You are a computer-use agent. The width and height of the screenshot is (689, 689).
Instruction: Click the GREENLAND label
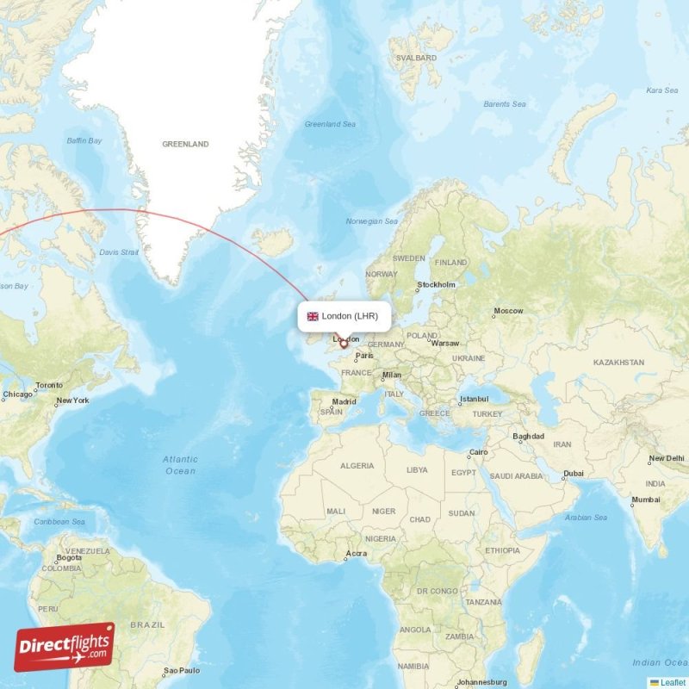click(x=185, y=145)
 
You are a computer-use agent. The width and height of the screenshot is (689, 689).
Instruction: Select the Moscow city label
click(x=508, y=311)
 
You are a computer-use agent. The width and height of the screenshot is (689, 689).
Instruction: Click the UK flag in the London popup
click(x=313, y=316)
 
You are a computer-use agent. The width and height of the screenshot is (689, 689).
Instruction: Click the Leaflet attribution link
click(x=673, y=682)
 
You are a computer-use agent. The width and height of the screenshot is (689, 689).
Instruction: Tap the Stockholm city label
click(x=436, y=285)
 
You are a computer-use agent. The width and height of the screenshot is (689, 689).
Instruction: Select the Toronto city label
click(x=49, y=385)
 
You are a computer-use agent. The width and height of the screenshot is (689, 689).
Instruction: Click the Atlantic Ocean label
click(x=180, y=465)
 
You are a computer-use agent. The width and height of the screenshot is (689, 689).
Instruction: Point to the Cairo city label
click(x=478, y=453)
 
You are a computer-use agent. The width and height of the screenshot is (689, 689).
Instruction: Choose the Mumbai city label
click(x=646, y=500)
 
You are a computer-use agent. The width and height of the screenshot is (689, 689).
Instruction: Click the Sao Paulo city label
click(x=182, y=670)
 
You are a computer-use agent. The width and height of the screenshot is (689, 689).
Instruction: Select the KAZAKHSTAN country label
click(x=618, y=363)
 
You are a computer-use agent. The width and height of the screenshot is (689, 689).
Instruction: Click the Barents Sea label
click(x=504, y=104)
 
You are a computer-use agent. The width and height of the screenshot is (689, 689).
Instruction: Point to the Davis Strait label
click(x=119, y=252)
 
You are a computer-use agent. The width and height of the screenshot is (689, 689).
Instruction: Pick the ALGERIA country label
click(x=357, y=466)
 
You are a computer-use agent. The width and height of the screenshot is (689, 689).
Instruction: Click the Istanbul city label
click(x=474, y=399)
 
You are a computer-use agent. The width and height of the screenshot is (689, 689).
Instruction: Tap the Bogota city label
click(x=69, y=557)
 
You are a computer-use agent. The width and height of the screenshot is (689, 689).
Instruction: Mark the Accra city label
click(x=355, y=553)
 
